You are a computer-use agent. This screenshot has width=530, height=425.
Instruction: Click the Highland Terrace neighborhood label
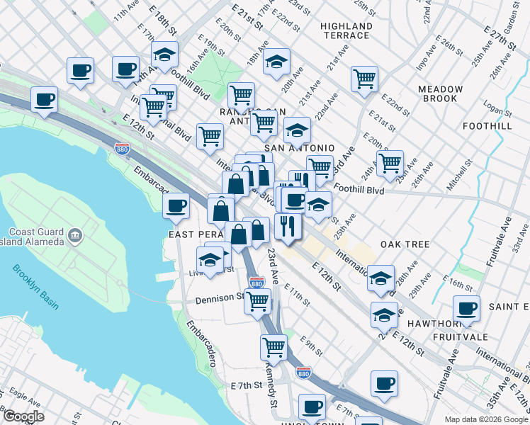(x=346, y=30)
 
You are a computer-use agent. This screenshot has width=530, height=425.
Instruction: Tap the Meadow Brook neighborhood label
(x=440, y=93)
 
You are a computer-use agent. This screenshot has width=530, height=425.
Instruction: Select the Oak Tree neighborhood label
(x=405, y=244)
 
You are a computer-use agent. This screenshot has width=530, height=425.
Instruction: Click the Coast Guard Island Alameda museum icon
(x=74, y=235)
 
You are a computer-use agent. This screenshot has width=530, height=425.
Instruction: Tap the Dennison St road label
(x=220, y=300)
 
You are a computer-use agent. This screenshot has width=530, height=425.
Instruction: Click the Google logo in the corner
(x=23, y=416)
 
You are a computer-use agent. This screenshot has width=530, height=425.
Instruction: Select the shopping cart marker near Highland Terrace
(x=364, y=79)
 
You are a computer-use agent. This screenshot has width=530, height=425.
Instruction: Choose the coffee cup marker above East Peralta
(x=176, y=206)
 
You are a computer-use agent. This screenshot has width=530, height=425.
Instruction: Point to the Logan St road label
(x=498, y=108)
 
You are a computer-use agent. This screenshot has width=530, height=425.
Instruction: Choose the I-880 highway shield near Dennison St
(x=256, y=282)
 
